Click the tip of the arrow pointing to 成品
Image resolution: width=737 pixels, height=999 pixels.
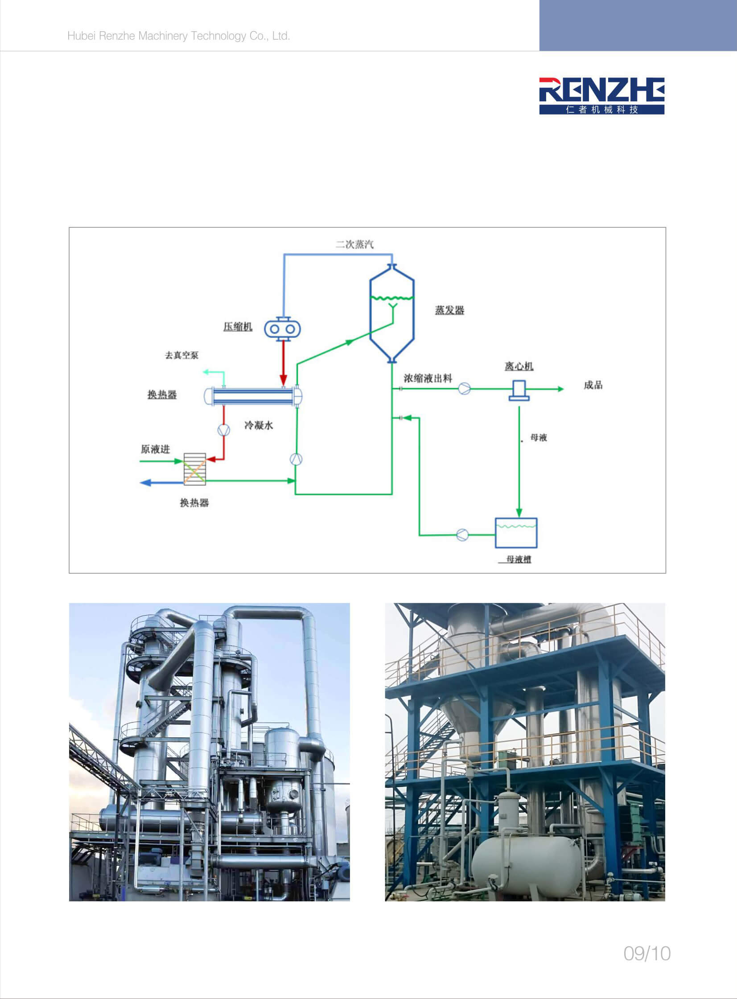click(564, 389)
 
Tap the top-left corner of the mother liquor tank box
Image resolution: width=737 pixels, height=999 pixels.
click(496, 518)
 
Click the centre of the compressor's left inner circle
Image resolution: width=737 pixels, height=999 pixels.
click(274, 329)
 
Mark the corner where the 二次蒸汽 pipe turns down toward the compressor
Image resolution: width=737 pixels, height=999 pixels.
click(284, 254)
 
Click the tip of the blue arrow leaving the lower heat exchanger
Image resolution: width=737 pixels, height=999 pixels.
click(140, 482)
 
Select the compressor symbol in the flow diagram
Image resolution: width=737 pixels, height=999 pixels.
click(282, 329)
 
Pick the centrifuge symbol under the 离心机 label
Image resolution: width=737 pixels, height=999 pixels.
click(519, 390)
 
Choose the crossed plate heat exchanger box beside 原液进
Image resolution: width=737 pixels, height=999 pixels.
click(195, 469)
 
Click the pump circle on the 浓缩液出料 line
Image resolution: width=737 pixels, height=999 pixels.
click(465, 388)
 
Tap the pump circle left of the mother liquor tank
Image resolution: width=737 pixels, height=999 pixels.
click(463, 534)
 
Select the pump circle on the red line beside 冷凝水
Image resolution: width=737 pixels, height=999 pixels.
click(223, 430)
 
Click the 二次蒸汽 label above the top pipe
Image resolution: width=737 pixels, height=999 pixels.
click(354, 244)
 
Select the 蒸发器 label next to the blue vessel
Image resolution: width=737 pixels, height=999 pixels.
click(450, 310)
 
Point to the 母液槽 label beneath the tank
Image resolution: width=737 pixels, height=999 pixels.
click(519, 559)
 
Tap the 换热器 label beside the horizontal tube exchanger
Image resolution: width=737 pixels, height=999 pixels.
click(162, 395)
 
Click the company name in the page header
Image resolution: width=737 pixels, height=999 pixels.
click(178, 36)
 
